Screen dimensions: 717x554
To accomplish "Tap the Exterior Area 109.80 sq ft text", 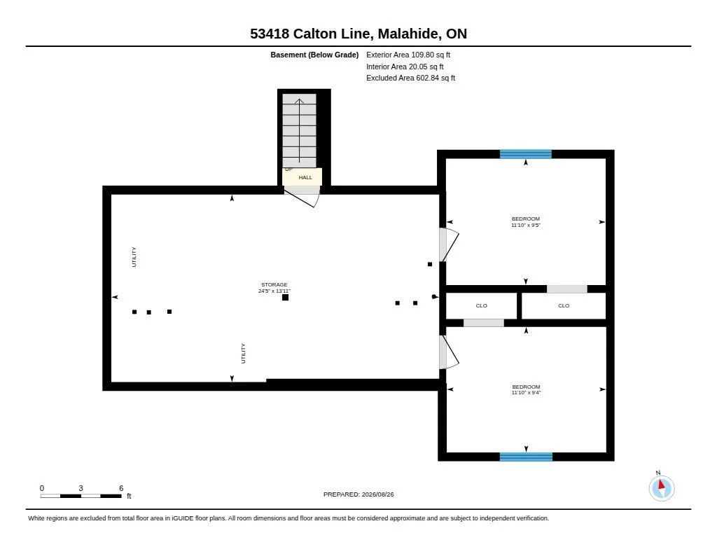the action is pyautogui.click(x=408, y=55).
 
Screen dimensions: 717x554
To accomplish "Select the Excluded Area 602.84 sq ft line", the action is pyautogui.click(x=410, y=78).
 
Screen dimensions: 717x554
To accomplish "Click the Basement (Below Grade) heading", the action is pyautogui.click(x=314, y=55).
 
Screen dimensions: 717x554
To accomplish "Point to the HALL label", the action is pyautogui.click(x=305, y=177).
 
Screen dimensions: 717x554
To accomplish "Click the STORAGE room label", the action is pyautogui.click(x=274, y=284).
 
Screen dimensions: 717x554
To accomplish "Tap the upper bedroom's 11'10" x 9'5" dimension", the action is pyautogui.click(x=526, y=225).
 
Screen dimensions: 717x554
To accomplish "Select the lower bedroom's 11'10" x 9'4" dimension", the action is pyautogui.click(x=527, y=392).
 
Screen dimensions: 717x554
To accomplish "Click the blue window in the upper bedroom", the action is pyautogui.click(x=526, y=154).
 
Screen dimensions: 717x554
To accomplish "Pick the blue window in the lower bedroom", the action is pyautogui.click(x=526, y=457).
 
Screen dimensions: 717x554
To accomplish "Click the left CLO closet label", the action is pyautogui.click(x=482, y=305).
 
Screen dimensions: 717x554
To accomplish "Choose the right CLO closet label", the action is pyautogui.click(x=564, y=305).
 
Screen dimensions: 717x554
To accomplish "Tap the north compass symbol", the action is pyautogui.click(x=661, y=488).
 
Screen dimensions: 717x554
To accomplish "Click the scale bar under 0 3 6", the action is pyautogui.click(x=81, y=496).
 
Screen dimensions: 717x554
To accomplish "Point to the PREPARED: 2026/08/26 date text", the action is pyautogui.click(x=358, y=494).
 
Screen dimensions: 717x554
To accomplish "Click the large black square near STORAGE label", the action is pyautogui.click(x=286, y=298).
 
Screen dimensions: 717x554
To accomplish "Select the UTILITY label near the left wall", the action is pyautogui.click(x=134, y=257).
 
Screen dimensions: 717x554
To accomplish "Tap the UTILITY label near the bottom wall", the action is pyautogui.click(x=243, y=354).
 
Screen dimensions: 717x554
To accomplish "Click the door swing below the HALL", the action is pyautogui.click(x=302, y=198).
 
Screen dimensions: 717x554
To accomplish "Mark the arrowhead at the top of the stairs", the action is pyautogui.click(x=299, y=102).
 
